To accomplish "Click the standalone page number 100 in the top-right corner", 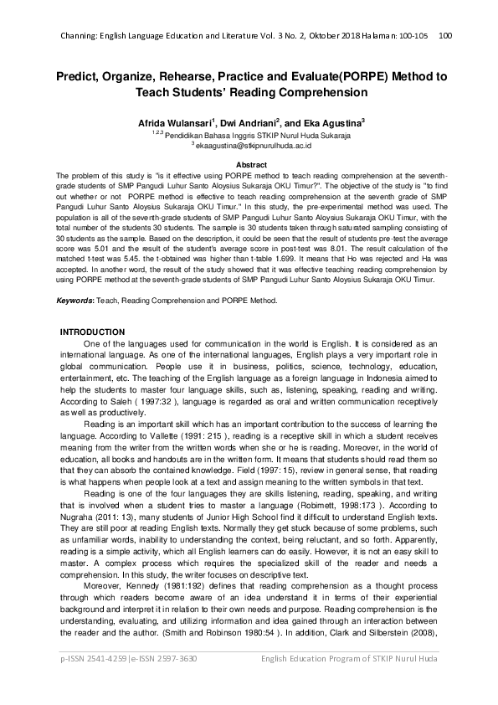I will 445,35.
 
